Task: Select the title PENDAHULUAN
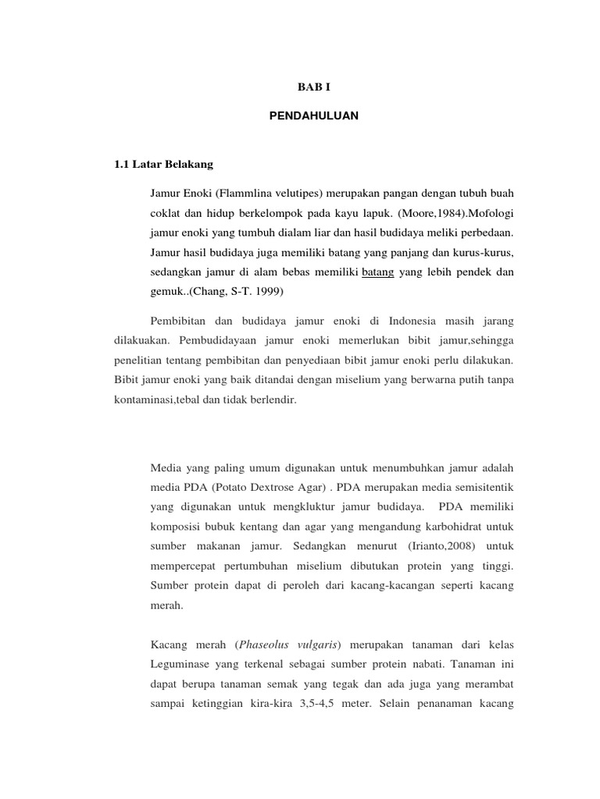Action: point(313,115)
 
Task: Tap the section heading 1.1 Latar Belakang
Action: point(163,165)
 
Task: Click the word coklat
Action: point(166,211)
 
